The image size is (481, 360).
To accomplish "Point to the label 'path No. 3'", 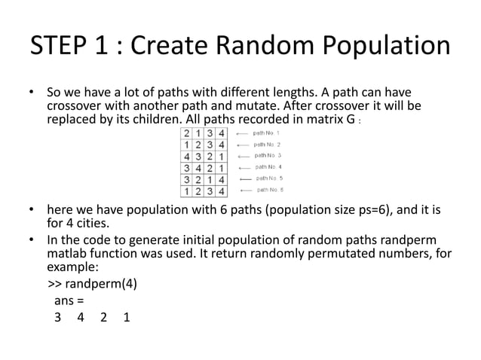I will [x=268, y=155].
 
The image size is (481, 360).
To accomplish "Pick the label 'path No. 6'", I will [x=269, y=190].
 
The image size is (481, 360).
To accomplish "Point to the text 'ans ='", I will [x=69, y=301].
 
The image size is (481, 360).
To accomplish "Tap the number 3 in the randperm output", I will [x=57, y=318].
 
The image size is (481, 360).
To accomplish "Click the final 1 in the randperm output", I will [x=126, y=318].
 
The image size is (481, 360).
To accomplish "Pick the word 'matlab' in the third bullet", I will [x=68, y=255].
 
